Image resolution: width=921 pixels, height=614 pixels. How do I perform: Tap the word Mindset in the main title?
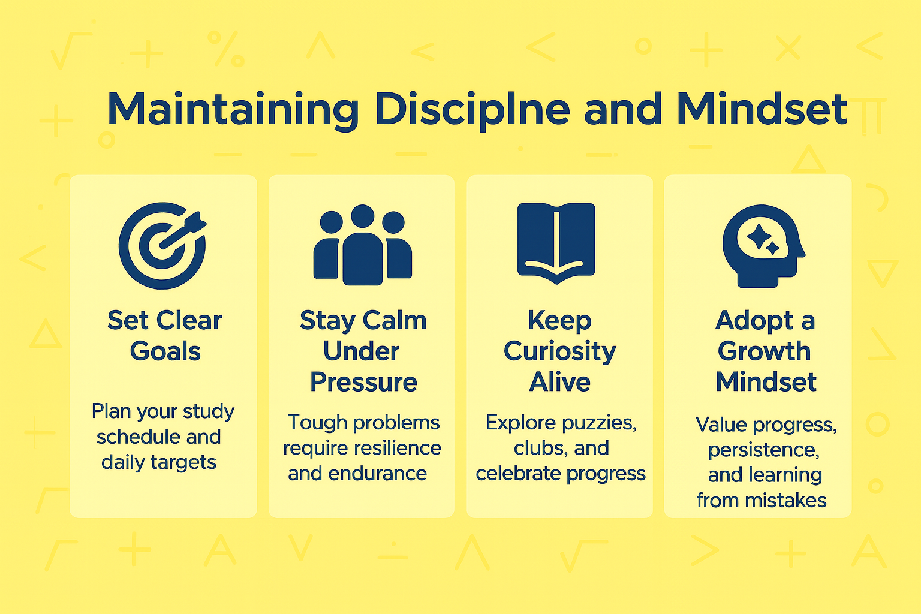762,109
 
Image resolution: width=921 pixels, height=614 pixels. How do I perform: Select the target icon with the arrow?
162,246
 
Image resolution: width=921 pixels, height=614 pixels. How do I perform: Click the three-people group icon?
362,246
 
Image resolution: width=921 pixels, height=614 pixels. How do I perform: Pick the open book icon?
556,243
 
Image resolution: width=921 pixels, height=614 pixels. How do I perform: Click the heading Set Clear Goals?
165,336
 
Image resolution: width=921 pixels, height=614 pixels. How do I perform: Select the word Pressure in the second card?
363,382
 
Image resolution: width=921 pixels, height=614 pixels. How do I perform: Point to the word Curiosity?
559,351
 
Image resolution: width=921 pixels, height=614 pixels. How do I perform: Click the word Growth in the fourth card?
764,351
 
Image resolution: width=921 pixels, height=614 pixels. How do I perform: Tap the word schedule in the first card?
138,437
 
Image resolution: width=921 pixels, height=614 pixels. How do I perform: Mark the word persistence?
763,450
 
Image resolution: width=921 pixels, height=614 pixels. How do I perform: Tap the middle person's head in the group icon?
362,216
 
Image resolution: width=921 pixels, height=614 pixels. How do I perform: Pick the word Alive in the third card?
559,382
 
